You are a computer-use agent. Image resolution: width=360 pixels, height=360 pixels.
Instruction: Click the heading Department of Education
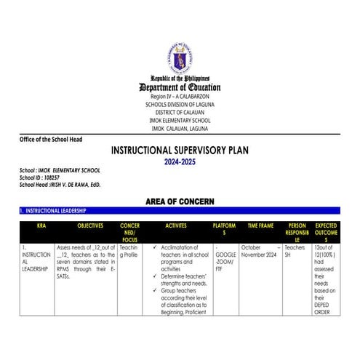180,87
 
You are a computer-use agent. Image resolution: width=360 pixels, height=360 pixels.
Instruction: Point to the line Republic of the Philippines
180,78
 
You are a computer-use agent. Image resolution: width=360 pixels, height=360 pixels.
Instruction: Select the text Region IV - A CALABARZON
180,96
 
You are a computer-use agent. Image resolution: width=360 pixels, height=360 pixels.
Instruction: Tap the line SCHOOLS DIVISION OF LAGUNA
180,104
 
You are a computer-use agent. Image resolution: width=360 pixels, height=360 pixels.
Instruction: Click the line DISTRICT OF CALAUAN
180,112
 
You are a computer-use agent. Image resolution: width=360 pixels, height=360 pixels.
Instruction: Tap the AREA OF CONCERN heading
180,200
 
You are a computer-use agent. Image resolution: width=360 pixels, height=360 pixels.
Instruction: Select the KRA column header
40,226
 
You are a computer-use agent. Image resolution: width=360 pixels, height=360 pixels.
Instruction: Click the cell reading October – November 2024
260,252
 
